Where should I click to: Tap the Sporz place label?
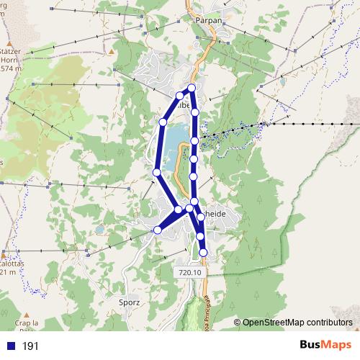[129, 302]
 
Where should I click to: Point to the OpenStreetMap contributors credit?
[297, 323]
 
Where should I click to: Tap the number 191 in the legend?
[31, 346]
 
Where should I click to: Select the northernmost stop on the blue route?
[192, 88]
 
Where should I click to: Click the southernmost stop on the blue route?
[204, 252]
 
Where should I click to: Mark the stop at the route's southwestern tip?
[158, 230]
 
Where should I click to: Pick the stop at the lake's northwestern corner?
[163, 123]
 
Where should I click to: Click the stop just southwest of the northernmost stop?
[180, 95]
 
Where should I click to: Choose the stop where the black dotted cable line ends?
[195, 141]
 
